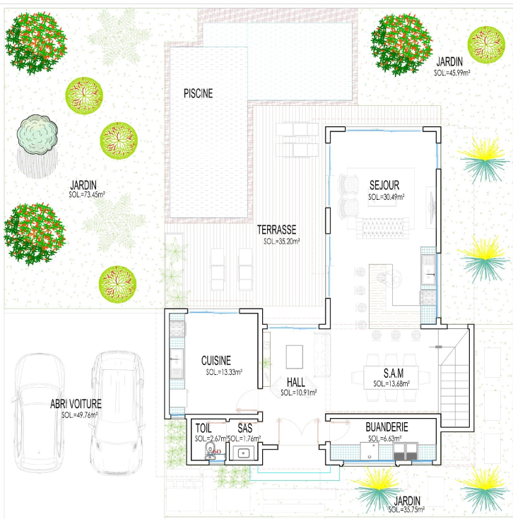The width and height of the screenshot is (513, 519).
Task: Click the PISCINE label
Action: point(198,93)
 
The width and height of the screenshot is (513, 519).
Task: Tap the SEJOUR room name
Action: point(384,185)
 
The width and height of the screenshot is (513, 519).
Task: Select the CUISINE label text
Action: point(216,360)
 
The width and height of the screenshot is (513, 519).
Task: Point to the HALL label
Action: point(296,382)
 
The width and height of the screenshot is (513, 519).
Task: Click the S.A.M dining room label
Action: point(394,374)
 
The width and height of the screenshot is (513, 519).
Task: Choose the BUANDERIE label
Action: point(387,427)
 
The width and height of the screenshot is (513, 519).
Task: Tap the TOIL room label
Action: point(204,428)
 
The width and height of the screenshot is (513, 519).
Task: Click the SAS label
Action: point(244,428)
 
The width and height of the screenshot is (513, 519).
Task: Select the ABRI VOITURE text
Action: point(76,404)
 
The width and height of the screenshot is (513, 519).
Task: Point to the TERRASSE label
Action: point(276,229)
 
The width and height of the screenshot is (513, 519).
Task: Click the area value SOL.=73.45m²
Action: point(87,195)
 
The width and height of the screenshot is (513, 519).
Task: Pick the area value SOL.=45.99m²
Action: point(452,73)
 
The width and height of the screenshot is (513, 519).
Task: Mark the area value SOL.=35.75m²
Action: point(406,510)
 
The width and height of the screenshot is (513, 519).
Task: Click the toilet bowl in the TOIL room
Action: point(209,451)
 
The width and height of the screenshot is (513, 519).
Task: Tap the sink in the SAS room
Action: point(244,453)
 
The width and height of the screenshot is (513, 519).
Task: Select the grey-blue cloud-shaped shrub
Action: point(37,134)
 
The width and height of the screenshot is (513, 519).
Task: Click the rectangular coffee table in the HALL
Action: point(295,357)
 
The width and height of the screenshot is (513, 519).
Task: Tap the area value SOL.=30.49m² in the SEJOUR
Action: point(386,197)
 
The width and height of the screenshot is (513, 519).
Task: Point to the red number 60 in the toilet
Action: point(217,451)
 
